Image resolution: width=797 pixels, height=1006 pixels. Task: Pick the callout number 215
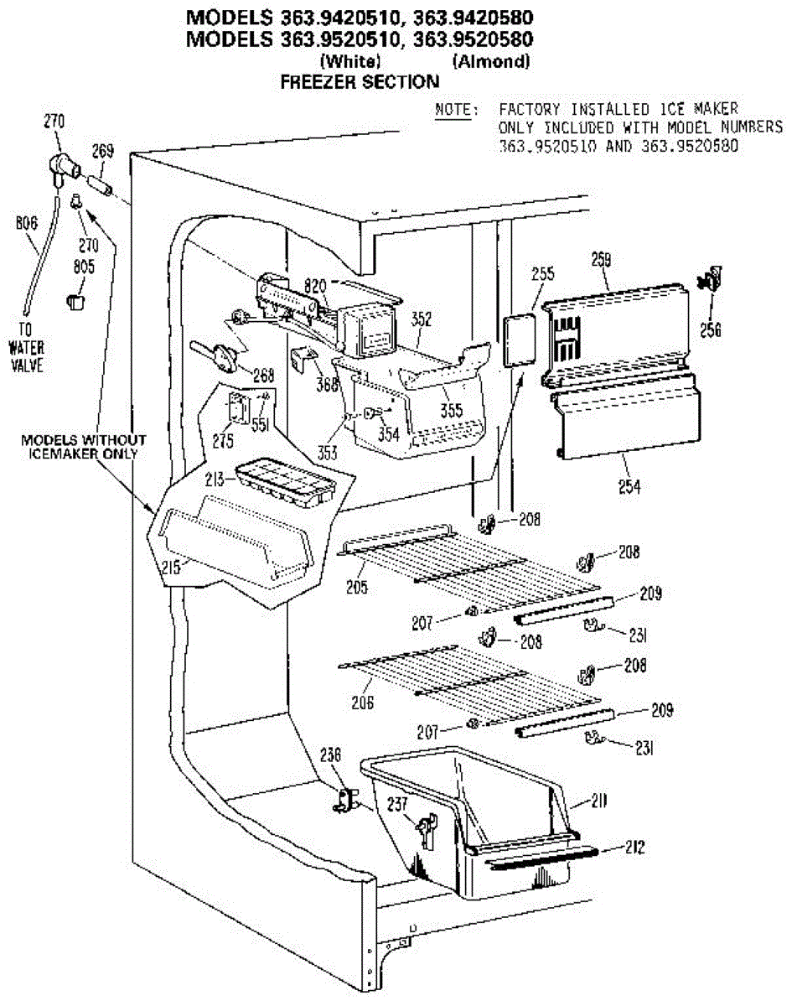click(172, 568)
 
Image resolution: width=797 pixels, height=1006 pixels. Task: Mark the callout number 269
click(102, 151)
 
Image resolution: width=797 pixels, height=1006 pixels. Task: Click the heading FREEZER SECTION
click(360, 81)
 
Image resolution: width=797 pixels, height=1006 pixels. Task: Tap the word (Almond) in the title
click(491, 61)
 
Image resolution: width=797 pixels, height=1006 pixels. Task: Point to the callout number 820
click(315, 285)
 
